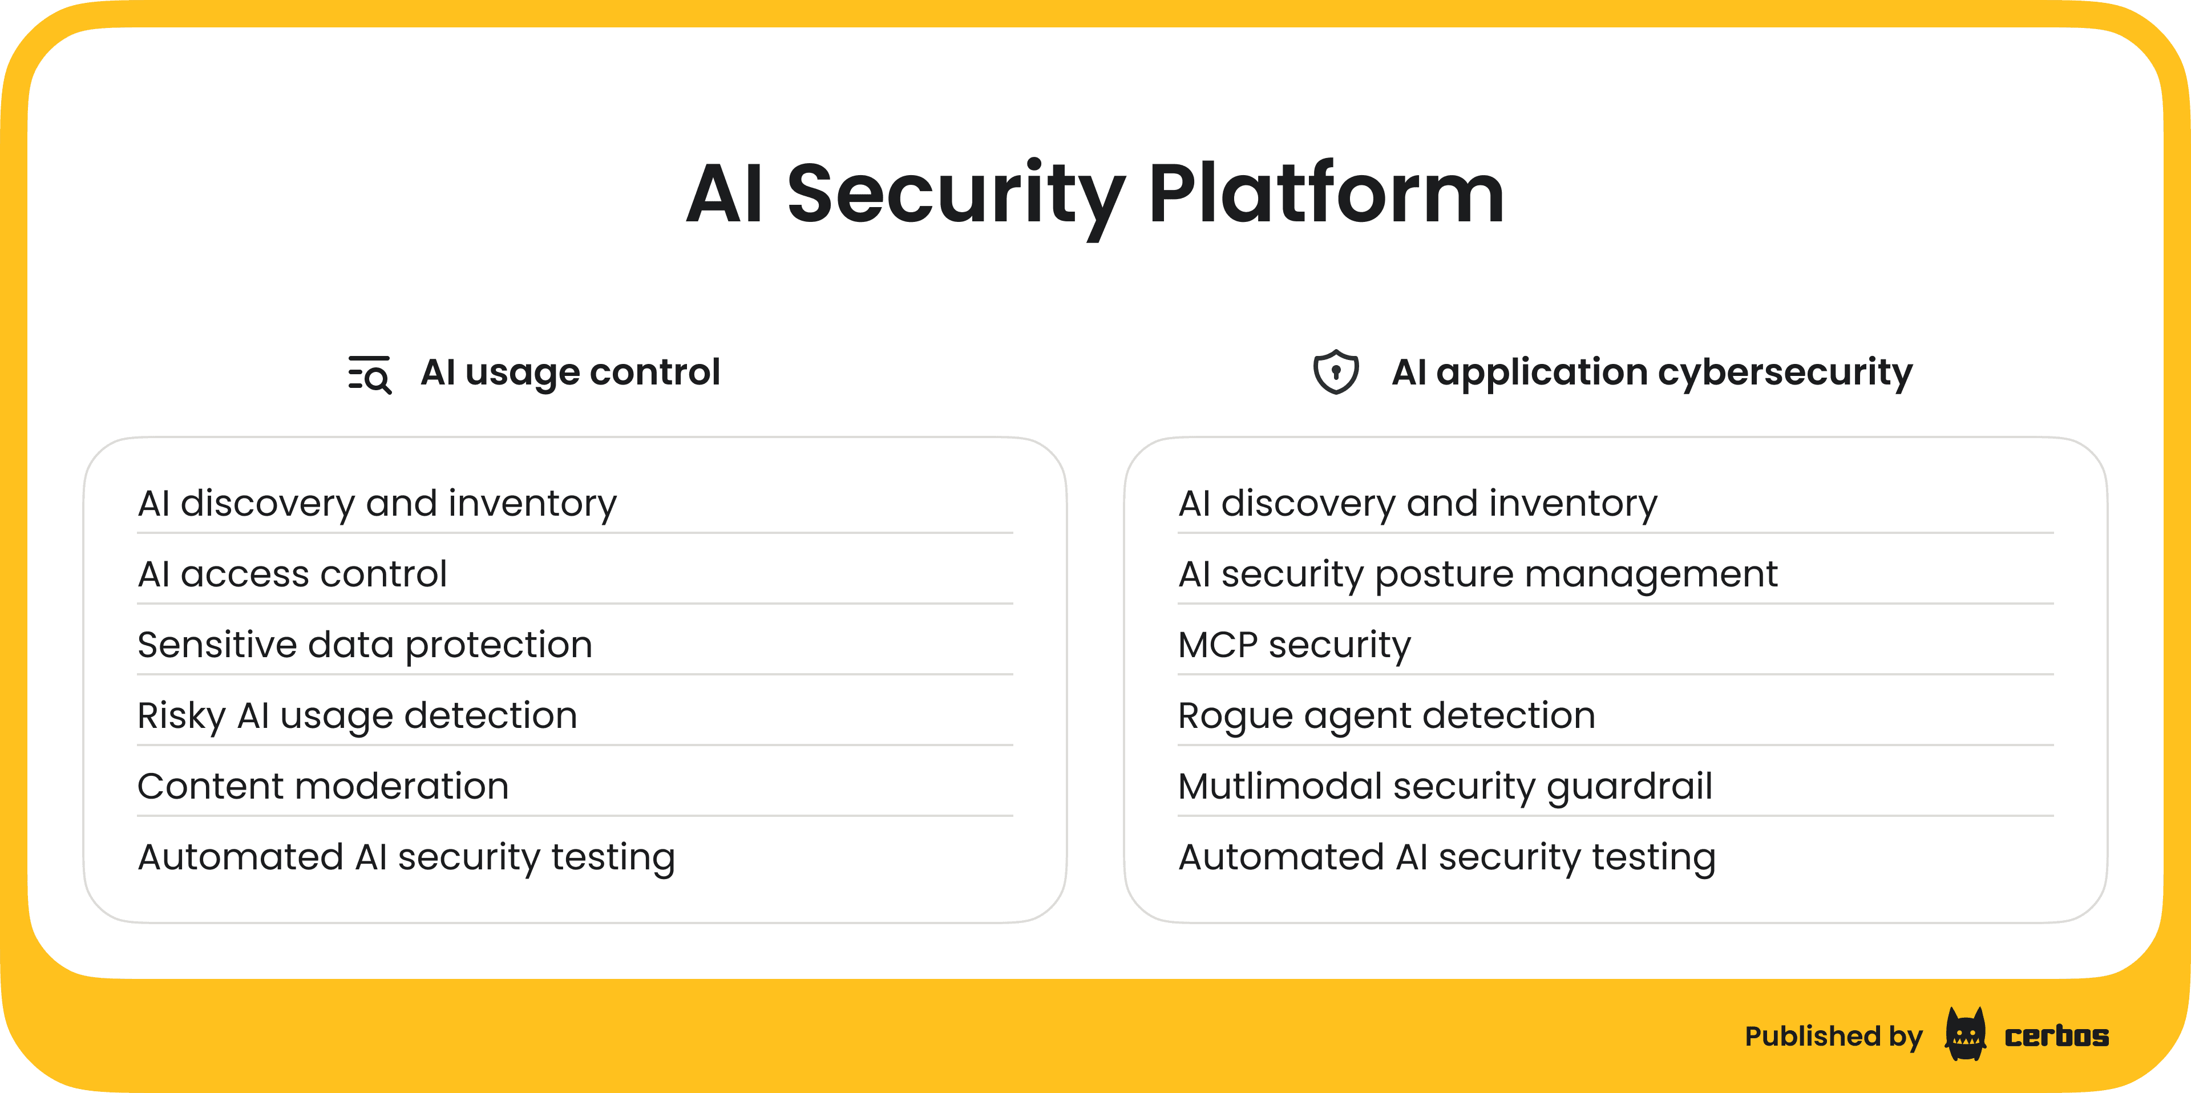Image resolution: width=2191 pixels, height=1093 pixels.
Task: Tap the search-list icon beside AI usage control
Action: (x=370, y=374)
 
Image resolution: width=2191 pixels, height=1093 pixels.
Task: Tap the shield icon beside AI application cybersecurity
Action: (x=1335, y=372)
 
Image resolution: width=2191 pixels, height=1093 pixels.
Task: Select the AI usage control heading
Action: (x=570, y=373)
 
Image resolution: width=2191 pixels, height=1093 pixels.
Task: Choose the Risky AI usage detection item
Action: (x=357, y=715)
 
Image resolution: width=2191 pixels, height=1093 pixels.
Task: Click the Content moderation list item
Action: (x=323, y=786)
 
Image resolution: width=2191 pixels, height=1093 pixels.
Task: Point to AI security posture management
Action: (x=1477, y=574)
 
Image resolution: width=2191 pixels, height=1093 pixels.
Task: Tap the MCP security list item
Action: (x=1293, y=645)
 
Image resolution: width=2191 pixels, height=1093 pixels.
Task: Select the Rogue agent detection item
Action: (x=1386, y=715)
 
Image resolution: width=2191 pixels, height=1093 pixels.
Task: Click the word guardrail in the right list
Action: (x=1629, y=786)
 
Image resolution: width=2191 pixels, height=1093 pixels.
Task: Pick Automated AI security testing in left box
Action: (x=407, y=857)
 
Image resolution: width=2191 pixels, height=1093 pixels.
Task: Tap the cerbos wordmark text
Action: (x=2056, y=1036)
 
